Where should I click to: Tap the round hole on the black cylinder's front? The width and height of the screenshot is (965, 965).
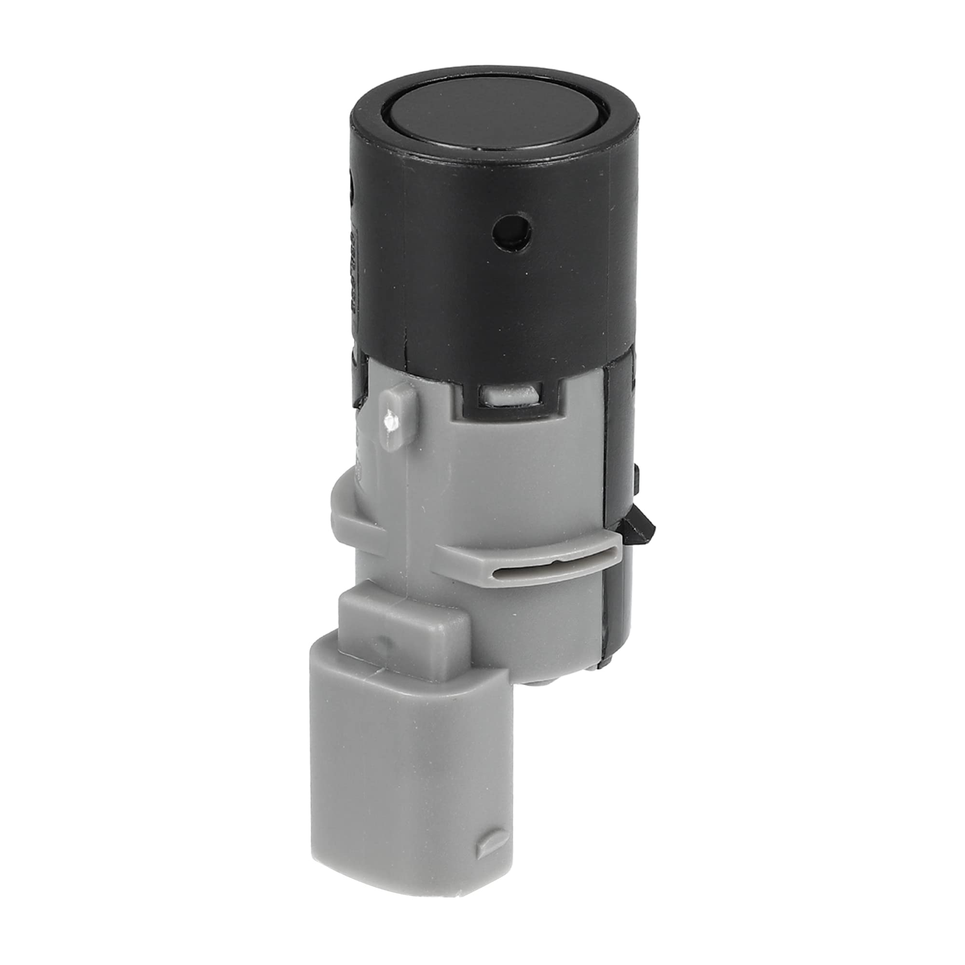point(510,231)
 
